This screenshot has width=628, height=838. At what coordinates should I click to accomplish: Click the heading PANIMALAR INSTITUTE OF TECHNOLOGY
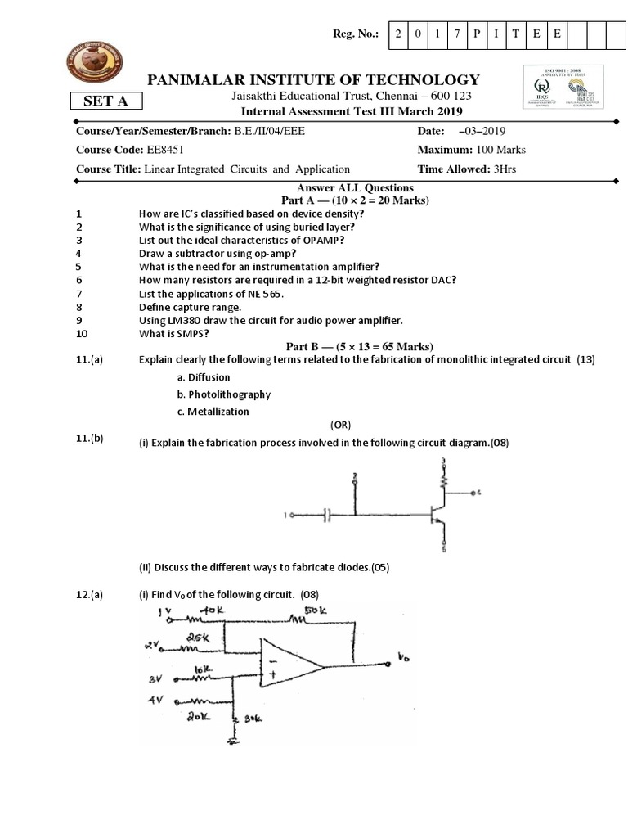tap(312, 79)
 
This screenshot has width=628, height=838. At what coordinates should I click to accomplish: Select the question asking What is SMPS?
tap(171, 334)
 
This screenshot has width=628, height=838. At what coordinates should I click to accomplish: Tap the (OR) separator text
tap(343, 426)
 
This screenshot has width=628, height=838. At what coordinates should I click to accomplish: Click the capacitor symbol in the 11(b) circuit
tap(327, 516)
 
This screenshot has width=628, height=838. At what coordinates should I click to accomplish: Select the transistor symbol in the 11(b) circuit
tap(435, 516)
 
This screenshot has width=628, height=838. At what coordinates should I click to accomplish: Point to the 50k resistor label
tap(317, 611)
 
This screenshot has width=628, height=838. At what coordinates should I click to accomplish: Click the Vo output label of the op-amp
tap(404, 657)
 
